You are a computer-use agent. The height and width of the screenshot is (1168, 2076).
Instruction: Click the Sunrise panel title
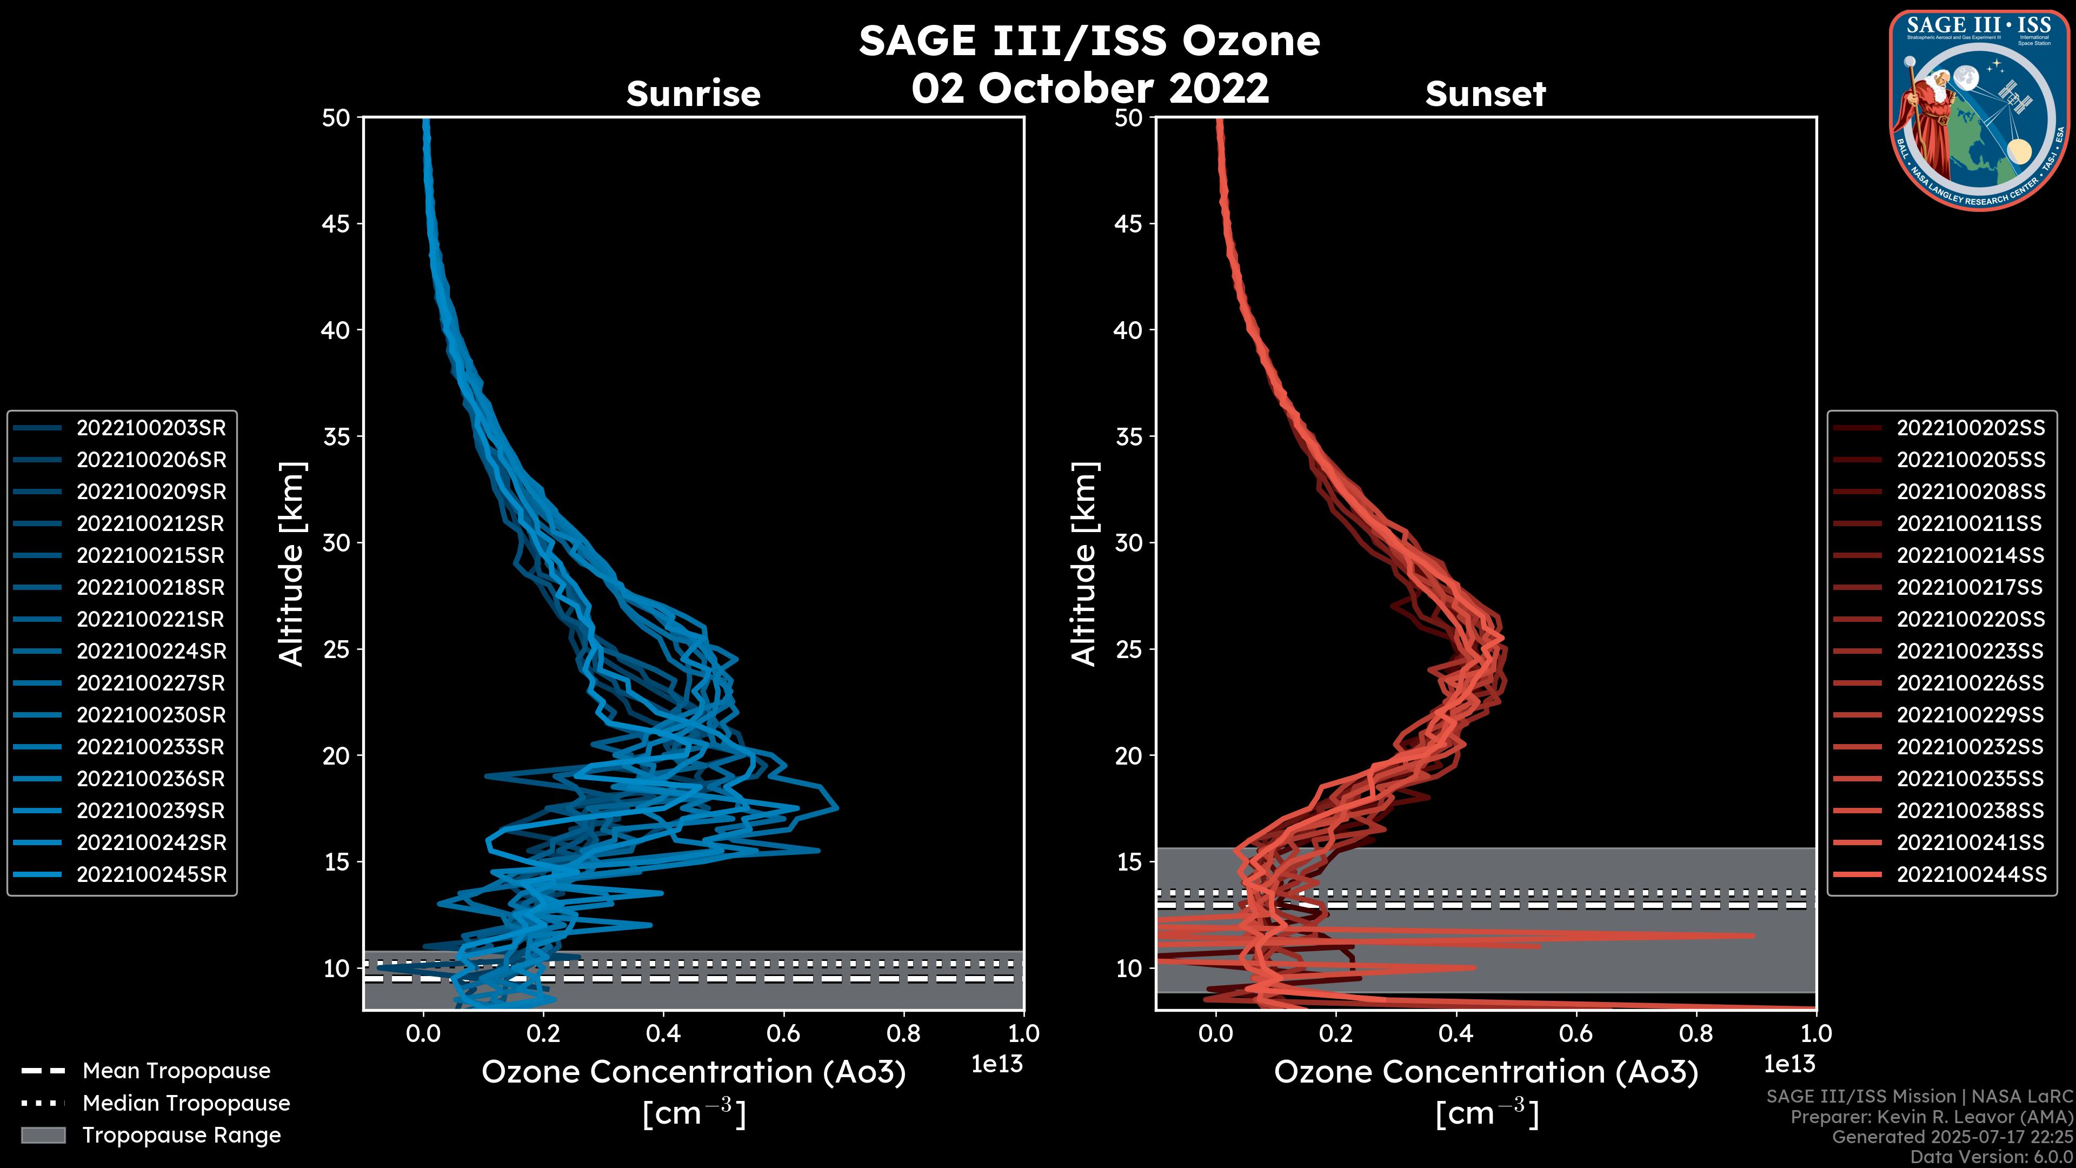[693, 94]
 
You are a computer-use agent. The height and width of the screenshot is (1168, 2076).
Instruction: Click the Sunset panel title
[1485, 94]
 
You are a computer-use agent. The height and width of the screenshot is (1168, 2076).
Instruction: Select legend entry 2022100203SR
[151, 428]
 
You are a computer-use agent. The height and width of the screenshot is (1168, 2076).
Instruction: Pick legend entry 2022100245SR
[151, 874]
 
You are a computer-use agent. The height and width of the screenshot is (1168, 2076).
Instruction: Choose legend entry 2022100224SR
[151, 651]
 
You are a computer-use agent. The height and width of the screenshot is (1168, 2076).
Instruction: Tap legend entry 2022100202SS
[1971, 428]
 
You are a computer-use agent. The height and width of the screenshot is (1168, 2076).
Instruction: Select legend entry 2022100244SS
[1971, 874]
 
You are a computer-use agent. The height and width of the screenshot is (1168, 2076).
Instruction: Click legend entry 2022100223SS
[1971, 651]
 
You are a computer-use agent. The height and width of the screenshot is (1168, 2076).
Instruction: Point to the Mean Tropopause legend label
[176, 1071]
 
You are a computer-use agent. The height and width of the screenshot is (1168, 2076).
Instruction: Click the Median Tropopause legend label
[186, 1104]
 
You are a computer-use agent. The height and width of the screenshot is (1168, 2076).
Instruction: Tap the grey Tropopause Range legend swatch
[43, 1136]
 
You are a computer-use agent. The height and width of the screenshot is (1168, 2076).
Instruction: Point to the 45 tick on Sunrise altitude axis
[336, 224]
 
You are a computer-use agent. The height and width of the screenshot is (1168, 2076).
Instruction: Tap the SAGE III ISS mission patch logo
[1979, 110]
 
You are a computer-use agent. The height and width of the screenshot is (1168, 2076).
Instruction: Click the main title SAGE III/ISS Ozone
[1089, 41]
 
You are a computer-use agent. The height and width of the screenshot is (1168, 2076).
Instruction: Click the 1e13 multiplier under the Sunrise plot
[997, 1064]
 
